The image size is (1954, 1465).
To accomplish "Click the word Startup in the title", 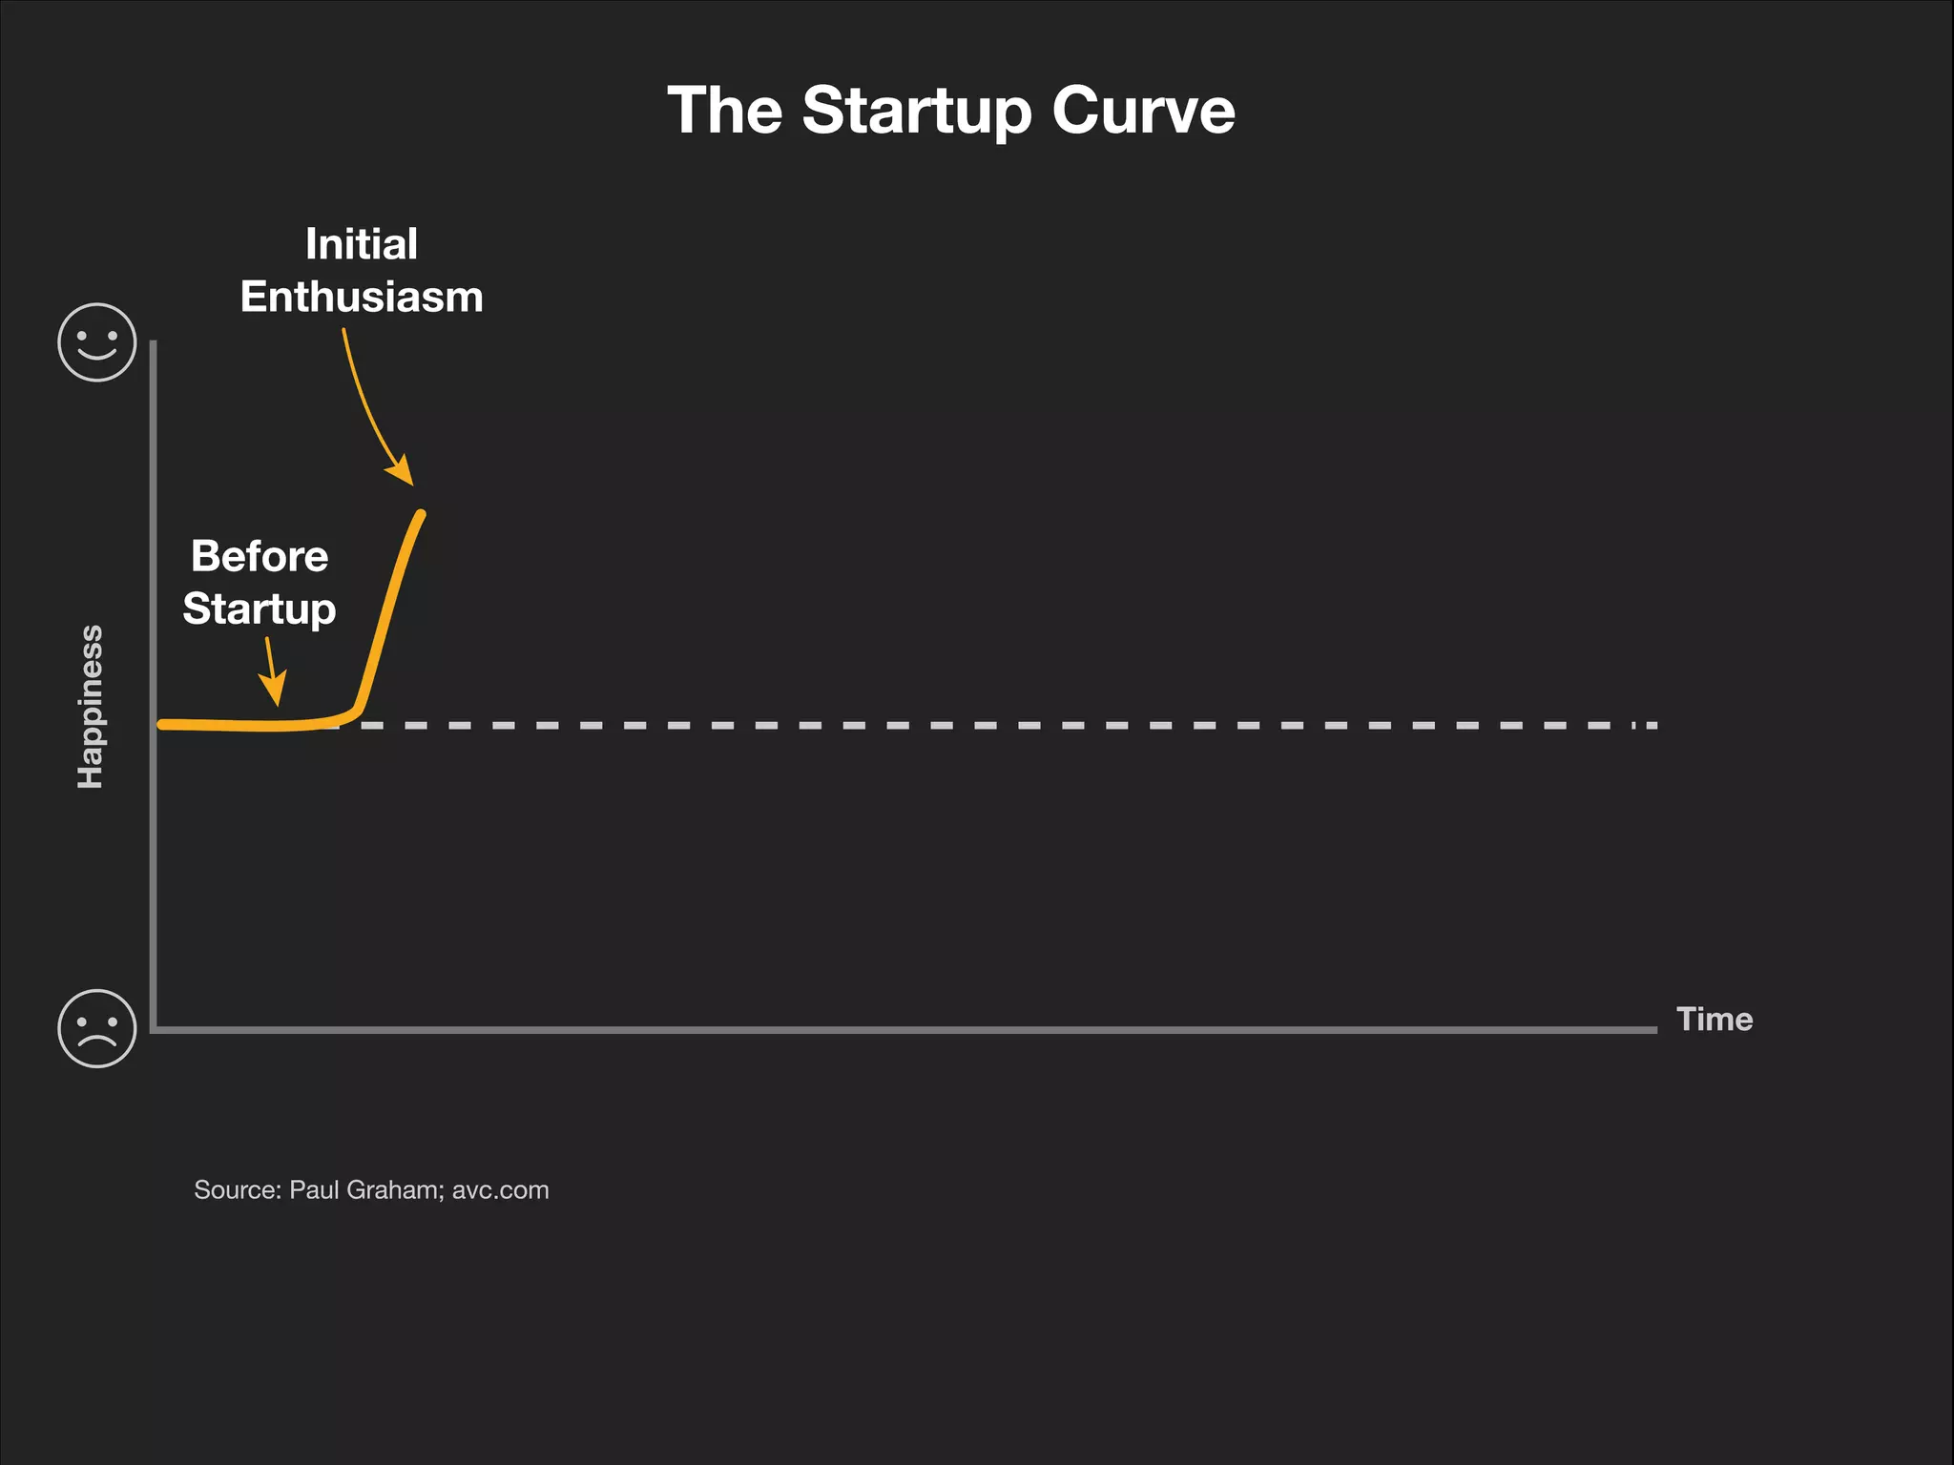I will pos(917,112).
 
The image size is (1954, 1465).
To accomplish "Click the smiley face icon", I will pos(97,342).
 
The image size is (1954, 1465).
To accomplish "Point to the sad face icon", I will pos(97,1028).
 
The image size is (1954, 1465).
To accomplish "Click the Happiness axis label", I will pos(90,707).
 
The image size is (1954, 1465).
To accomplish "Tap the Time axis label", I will pos(1715,1019).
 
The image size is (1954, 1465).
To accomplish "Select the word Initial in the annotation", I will pos(362,244).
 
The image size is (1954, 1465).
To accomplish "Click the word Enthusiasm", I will pos(362,297).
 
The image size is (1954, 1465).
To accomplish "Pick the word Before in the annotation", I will pos(260,556).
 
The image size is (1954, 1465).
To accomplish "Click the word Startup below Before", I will pos(260,609).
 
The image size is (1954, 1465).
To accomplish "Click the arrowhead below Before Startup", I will pos(275,691).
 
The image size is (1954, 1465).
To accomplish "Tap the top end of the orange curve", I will pos(421,515).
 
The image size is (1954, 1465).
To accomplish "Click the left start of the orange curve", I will pos(162,725).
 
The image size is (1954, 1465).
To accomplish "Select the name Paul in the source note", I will pos(314,1190).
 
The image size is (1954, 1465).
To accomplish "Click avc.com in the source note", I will pos(500,1190).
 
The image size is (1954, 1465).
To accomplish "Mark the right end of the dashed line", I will pos(1653,726).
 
